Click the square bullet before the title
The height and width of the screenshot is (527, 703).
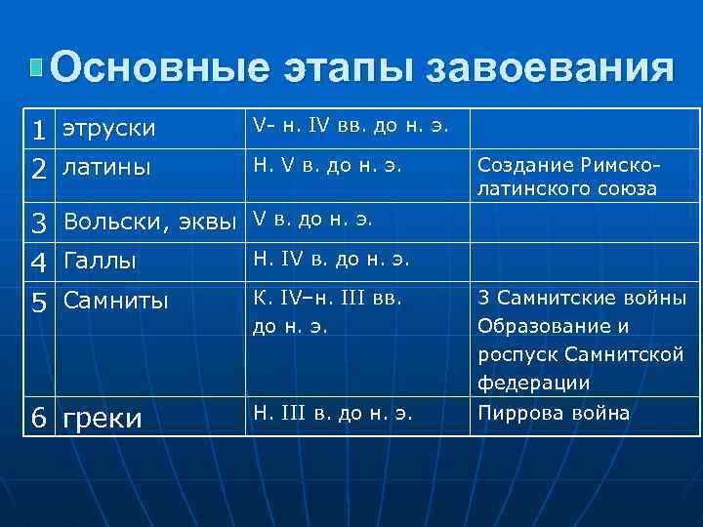point(36,67)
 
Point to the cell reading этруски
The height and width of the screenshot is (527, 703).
point(108,128)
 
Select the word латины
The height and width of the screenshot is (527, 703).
point(106,168)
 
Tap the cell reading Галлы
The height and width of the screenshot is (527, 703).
point(99,262)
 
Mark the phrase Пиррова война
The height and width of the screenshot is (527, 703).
point(553,413)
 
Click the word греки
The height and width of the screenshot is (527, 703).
point(102,418)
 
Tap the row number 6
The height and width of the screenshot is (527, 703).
point(38,418)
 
